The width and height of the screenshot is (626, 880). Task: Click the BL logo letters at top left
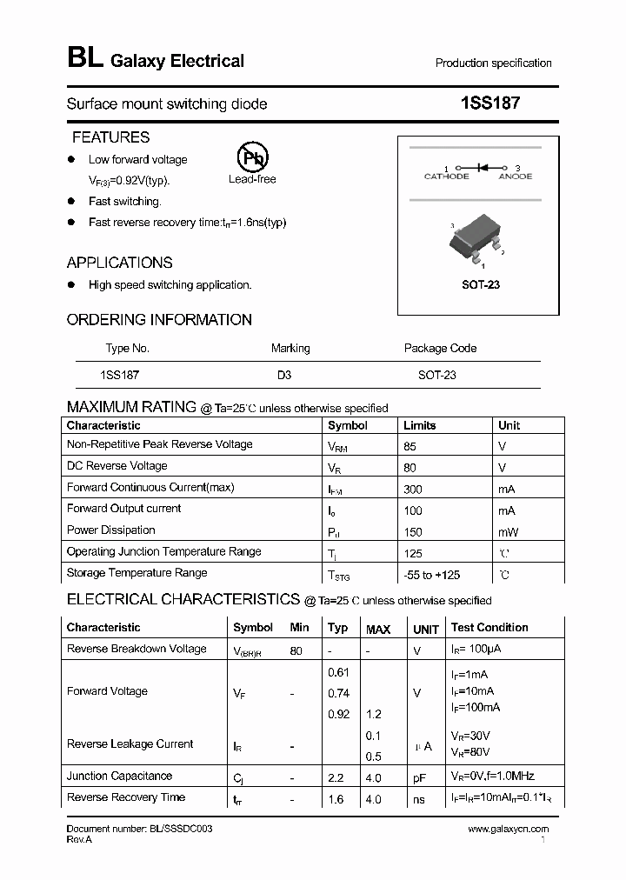tap(84, 58)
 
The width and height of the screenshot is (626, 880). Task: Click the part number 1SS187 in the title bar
tap(490, 103)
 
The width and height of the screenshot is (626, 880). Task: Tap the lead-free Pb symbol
tap(252, 157)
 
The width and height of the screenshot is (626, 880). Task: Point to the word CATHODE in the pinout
tap(446, 177)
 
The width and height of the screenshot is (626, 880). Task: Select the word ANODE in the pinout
tap(515, 177)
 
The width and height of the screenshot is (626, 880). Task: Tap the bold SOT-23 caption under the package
tap(480, 284)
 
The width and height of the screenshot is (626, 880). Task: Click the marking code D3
tap(284, 375)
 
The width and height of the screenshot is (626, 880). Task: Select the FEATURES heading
tap(110, 137)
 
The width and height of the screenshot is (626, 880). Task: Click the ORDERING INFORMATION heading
tap(159, 320)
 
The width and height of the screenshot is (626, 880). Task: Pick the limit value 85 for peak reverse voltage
tap(410, 446)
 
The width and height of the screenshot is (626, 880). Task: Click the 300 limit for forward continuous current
tap(413, 489)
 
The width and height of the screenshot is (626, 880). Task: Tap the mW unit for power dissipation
tap(508, 531)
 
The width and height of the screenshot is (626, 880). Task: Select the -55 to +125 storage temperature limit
tap(431, 575)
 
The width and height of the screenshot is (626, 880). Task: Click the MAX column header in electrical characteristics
tap(378, 629)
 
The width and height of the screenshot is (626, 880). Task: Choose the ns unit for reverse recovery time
tap(418, 798)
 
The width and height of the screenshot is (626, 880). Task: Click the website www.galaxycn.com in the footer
tap(508, 830)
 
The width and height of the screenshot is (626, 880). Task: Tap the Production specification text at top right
tap(493, 63)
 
